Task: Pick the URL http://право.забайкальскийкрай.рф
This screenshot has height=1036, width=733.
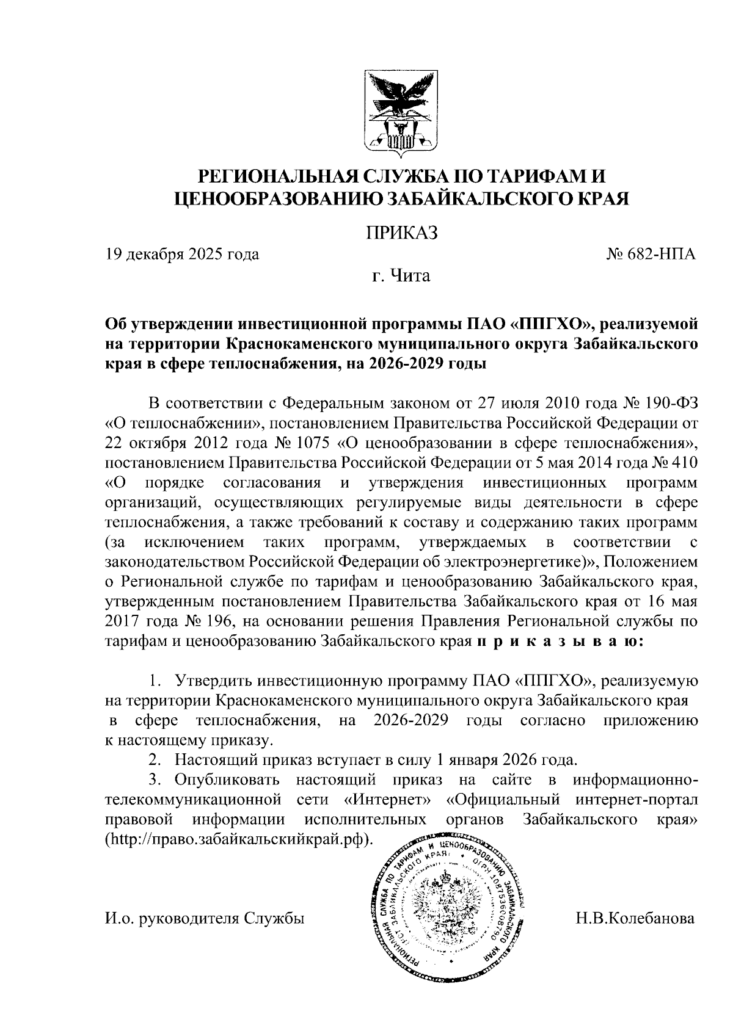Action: [239, 839]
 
